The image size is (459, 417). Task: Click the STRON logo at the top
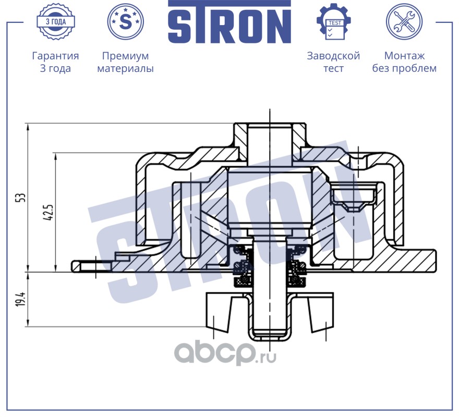point(229,23)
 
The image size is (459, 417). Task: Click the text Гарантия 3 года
point(55,62)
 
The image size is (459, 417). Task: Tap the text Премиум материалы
point(125,62)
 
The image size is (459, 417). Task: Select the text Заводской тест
point(333,62)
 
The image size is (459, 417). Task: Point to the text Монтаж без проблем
point(404,62)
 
